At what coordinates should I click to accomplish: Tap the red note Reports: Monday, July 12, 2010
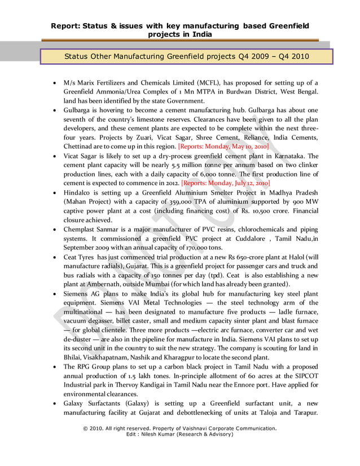pyautogui.click(x=226, y=183)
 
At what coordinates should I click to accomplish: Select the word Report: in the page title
pyautogui.click(x=66, y=25)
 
